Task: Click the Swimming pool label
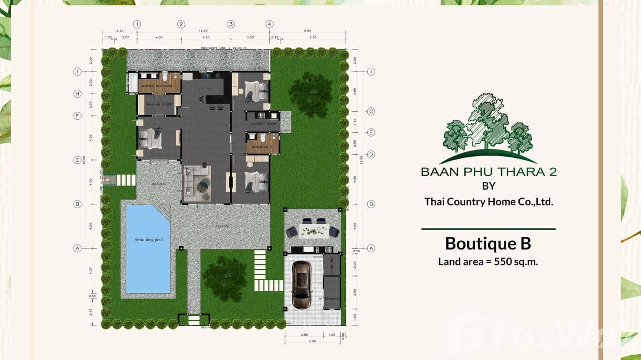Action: pyautogui.click(x=149, y=240)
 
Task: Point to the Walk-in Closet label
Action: pyautogui.click(x=160, y=104)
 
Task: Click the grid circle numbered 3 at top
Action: pyautogui.click(x=231, y=24)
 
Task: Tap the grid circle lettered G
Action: pyautogui.click(x=371, y=111)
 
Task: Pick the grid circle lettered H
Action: pyautogui.click(x=77, y=94)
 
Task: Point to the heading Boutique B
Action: pyautogui.click(x=488, y=244)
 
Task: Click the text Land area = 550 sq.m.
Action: pyautogui.click(x=488, y=262)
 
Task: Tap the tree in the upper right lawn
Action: pyautogui.click(x=311, y=94)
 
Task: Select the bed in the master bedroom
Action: pyautogui.click(x=152, y=138)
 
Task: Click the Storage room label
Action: pyautogui.click(x=332, y=299)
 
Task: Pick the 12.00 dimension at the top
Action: pyautogui.click(x=203, y=30)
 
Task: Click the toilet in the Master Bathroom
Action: pyautogui.click(x=164, y=76)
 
